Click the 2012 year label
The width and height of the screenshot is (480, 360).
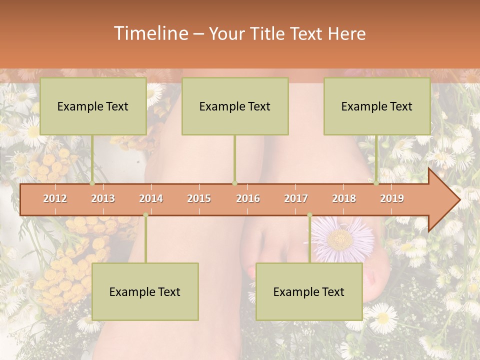55,198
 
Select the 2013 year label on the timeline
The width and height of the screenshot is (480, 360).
103,198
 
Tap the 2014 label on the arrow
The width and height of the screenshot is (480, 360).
151,198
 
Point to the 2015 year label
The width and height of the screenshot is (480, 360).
199,198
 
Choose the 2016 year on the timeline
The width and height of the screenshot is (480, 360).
248,198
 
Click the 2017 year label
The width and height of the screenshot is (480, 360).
296,198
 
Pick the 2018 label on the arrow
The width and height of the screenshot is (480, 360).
344,198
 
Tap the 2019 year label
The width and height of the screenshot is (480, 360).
392,198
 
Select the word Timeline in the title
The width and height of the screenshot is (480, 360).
150,33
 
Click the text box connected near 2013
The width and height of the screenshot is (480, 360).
93,106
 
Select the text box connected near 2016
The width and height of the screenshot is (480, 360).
235,106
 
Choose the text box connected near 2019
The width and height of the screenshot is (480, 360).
377,106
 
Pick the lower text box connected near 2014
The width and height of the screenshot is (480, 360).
145,291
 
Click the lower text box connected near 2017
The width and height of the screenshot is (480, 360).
309,291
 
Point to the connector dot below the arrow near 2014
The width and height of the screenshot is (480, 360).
145,215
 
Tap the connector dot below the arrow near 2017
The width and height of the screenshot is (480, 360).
309,215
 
